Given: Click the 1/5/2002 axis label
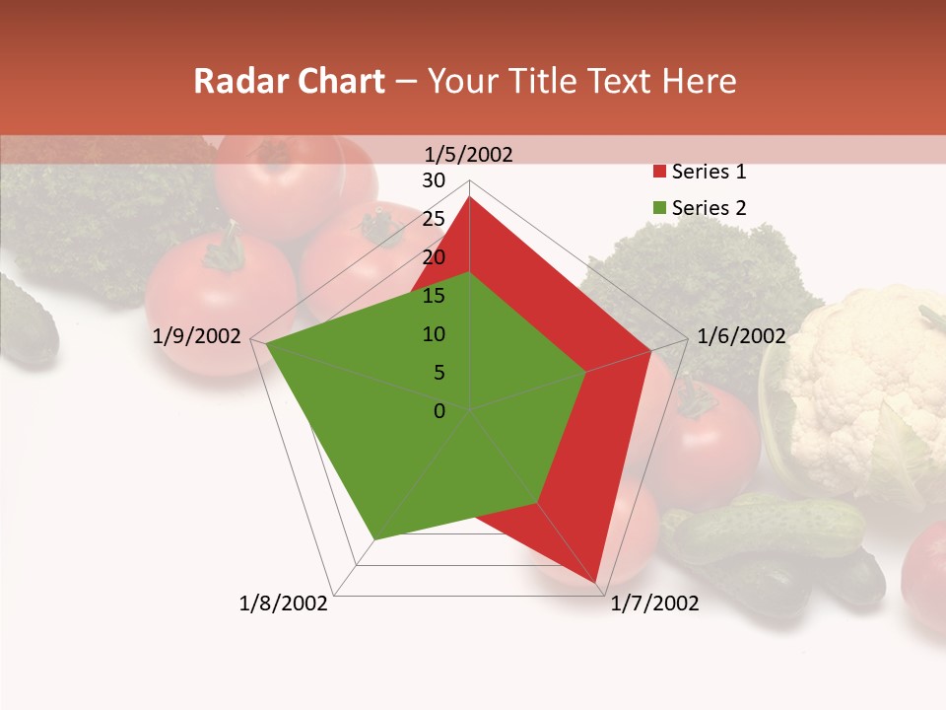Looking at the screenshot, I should click(x=469, y=154).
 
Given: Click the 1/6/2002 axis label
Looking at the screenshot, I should click(x=741, y=336).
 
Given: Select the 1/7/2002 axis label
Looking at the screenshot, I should click(x=654, y=603).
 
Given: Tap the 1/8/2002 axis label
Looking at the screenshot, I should click(x=284, y=603).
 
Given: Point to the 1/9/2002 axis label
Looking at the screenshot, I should click(x=197, y=336).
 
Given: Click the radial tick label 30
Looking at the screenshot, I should click(x=434, y=180).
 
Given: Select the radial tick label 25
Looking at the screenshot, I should click(x=434, y=219).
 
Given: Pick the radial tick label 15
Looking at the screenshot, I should click(x=434, y=296).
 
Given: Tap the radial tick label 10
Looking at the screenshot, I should click(x=434, y=334).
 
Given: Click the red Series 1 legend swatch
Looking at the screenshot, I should click(x=659, y=173).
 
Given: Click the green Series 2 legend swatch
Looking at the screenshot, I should click(x=659, y=208).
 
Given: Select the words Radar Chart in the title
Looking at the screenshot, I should click(x=289, y=81).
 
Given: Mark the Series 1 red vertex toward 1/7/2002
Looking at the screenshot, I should click(x=596, y=581).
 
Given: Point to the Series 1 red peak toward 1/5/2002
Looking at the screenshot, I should click(x=470, y=197).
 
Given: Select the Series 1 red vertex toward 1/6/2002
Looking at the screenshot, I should click(x=650, y=351).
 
